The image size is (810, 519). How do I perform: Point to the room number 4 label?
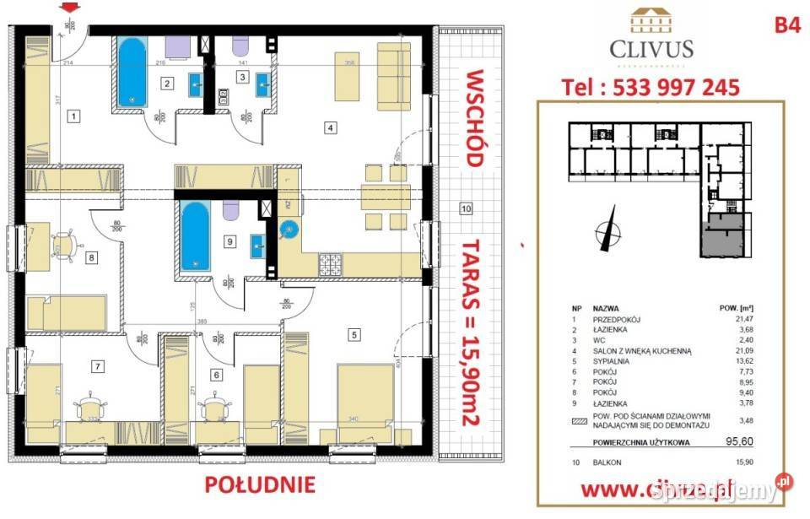332,128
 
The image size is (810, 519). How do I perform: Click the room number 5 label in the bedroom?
354,333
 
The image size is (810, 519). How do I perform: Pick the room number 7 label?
98,365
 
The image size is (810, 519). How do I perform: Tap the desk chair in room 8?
62,244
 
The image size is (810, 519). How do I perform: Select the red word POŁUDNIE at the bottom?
259,484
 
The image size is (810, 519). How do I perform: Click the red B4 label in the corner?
786,26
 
